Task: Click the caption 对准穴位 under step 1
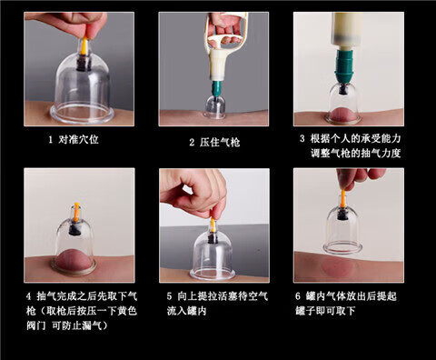point(78,140)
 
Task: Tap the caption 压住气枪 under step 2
point(220,142)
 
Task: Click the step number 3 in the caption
point(302,138)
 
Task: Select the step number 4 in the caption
point(28,296)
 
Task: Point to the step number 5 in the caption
point(169,296)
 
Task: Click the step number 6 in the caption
point(298,296)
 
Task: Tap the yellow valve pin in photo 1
point(84,46)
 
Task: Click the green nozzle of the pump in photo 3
point(344,66)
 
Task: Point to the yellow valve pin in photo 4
point(76,212)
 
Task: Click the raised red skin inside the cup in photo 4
point(74,260)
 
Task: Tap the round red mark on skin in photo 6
point(339,267)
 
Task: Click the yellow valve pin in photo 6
point(342,198)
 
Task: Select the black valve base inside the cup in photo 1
point(84,63)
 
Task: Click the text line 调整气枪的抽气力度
point(356,154)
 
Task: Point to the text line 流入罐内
point(186,311)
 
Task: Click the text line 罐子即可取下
point(325,311)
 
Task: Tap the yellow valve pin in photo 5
point(213,225)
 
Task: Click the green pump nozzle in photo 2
point(216,89)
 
